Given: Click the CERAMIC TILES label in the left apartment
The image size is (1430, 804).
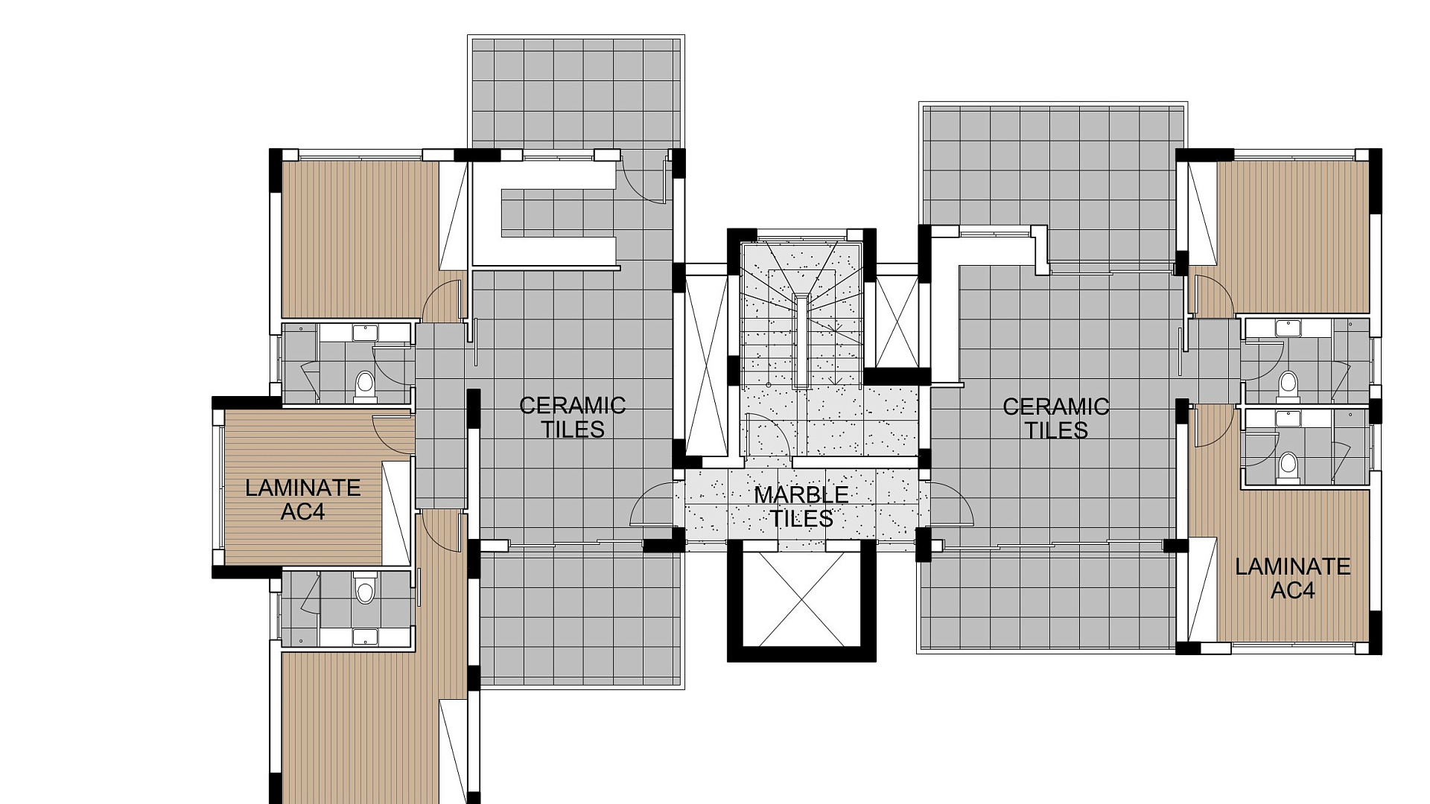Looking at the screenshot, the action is click(x=572, y=417).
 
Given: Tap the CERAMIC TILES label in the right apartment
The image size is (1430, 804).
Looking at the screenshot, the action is click(x=1055, y=418).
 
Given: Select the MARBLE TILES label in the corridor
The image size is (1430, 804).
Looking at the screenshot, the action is click(x=801, y=506).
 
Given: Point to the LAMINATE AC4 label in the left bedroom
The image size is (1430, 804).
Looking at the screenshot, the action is click(x=303, y=500).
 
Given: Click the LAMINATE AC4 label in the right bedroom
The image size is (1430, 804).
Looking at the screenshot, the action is click(x=1292, y=578).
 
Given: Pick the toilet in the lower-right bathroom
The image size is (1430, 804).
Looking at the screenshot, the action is click(x=1287, y=467).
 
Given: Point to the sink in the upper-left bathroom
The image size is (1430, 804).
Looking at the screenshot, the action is click(x=365, y=332).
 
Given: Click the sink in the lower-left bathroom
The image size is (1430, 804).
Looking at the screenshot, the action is click(x=365, y=636).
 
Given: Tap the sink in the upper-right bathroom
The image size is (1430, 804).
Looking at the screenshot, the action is click(x=1287, y=328).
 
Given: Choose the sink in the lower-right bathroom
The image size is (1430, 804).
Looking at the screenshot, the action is click(x=1287, y=418).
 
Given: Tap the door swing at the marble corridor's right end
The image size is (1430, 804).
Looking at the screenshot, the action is click(x=951, y=506).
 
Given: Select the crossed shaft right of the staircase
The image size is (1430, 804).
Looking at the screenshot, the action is click(x=896, y=321).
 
